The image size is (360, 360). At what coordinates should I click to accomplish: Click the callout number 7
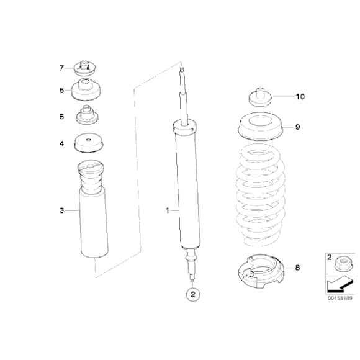pyautogui.click(x=61, y=68)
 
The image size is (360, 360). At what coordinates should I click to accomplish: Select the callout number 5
pyautogui.click(x=61, y=90)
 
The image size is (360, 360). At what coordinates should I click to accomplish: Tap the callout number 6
pyautogui.click(x=61, y=117)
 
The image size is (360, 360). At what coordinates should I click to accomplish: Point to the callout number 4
pyautogui.click(x=61, y=144)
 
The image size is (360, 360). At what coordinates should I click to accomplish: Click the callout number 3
pyautogui.click(x=61, y=210)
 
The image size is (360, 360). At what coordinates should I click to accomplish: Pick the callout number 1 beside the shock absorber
pyautogui.click(x=168, y=210)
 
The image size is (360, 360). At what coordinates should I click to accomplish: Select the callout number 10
pyautogui.click(x=300, y=97)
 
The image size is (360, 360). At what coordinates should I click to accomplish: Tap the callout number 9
pyautogui.click(x=297, y=127)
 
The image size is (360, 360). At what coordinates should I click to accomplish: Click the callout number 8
pyautogui.click(x=297, y=268)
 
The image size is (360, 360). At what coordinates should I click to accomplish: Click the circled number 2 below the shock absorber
pyautogui.click(x=193, y=294)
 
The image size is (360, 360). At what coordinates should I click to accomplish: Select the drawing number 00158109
pyautogui.click(x=340, y=298)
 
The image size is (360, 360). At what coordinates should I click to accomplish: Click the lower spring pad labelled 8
pyautogui.click(x=261, y=271)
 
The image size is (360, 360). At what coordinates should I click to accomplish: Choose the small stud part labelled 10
pyautogui.click(x=260, y=97)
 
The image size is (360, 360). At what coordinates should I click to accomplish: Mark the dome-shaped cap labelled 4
pyautogui.click(x=88, y=143)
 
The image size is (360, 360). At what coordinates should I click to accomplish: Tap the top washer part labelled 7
pyautogui.click(x=84, y=68)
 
